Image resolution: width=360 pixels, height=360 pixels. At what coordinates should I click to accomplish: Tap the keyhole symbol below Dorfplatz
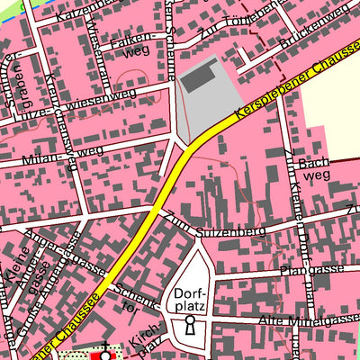coord(190,328)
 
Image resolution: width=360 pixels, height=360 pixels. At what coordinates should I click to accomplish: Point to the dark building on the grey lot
coord(199,77)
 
